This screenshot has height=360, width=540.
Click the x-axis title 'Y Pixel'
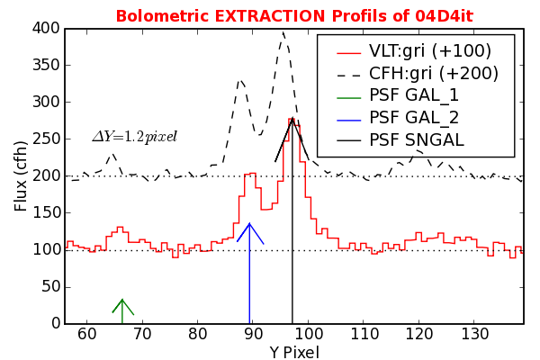pyautogui.click(x=293, y=353)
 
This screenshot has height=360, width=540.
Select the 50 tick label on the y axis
pyautogui.click(x=48, y=286)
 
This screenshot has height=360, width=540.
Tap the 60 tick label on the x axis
pyautogui.click(x=87, y=335)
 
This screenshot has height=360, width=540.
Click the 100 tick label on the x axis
pyautogui.click(x=308, y=335)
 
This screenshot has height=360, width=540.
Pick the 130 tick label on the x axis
pyautogui.click(x=473, y=335)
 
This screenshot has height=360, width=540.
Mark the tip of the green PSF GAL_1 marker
pyautogui.click(x=122, y=299)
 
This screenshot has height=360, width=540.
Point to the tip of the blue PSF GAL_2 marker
pyautogui.click(x=249, y=223)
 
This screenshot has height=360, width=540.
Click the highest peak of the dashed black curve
pyautogui.click(x=283, y=33)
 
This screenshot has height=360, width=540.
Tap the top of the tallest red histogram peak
pyautogui.click(x=292, y=118)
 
